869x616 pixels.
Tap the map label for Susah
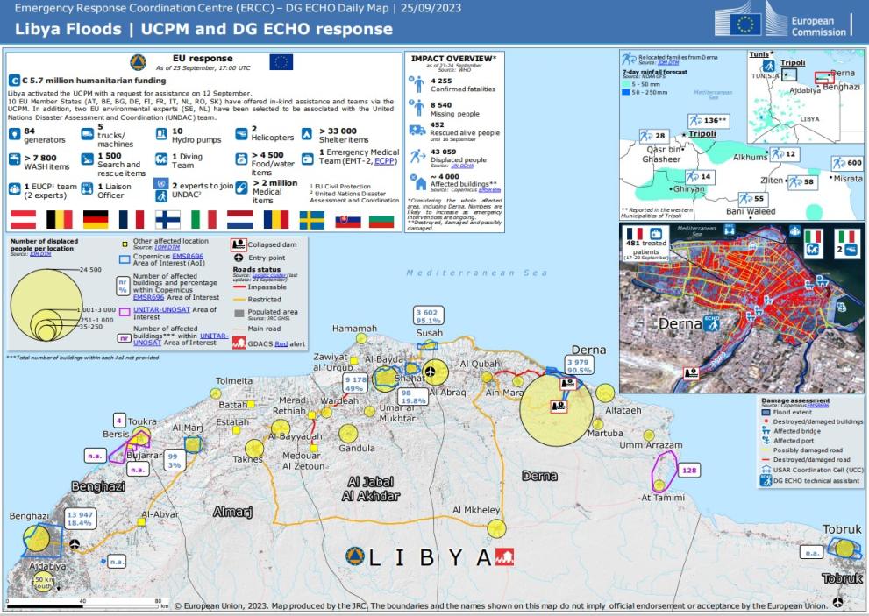(x=429, y=334)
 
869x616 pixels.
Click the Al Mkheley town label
(x=476, y=510)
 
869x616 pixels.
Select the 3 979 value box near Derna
(x=578, y=365)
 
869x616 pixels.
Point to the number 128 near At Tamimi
(x=690, y=471)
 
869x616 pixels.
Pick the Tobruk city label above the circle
(x=843, y=529)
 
